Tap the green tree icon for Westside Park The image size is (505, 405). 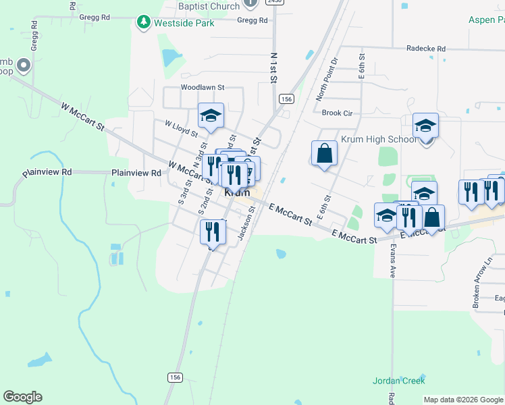pos(143,23)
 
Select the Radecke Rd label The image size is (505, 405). pos(426,49)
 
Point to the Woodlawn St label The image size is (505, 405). pos(202,87)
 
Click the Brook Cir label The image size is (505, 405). pos(338,113)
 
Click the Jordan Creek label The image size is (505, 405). pos(398,381)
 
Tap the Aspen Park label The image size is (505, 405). pos(487,20)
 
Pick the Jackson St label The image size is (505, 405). pos(246,222)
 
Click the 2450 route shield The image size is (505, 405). pos(273,2)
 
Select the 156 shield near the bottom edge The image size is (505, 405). pos(176,377)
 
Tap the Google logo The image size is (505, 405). pos(22,397)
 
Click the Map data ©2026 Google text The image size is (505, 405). pos(463,400)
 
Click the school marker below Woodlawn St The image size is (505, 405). pos(211,116)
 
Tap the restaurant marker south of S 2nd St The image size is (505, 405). pos(213,232)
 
